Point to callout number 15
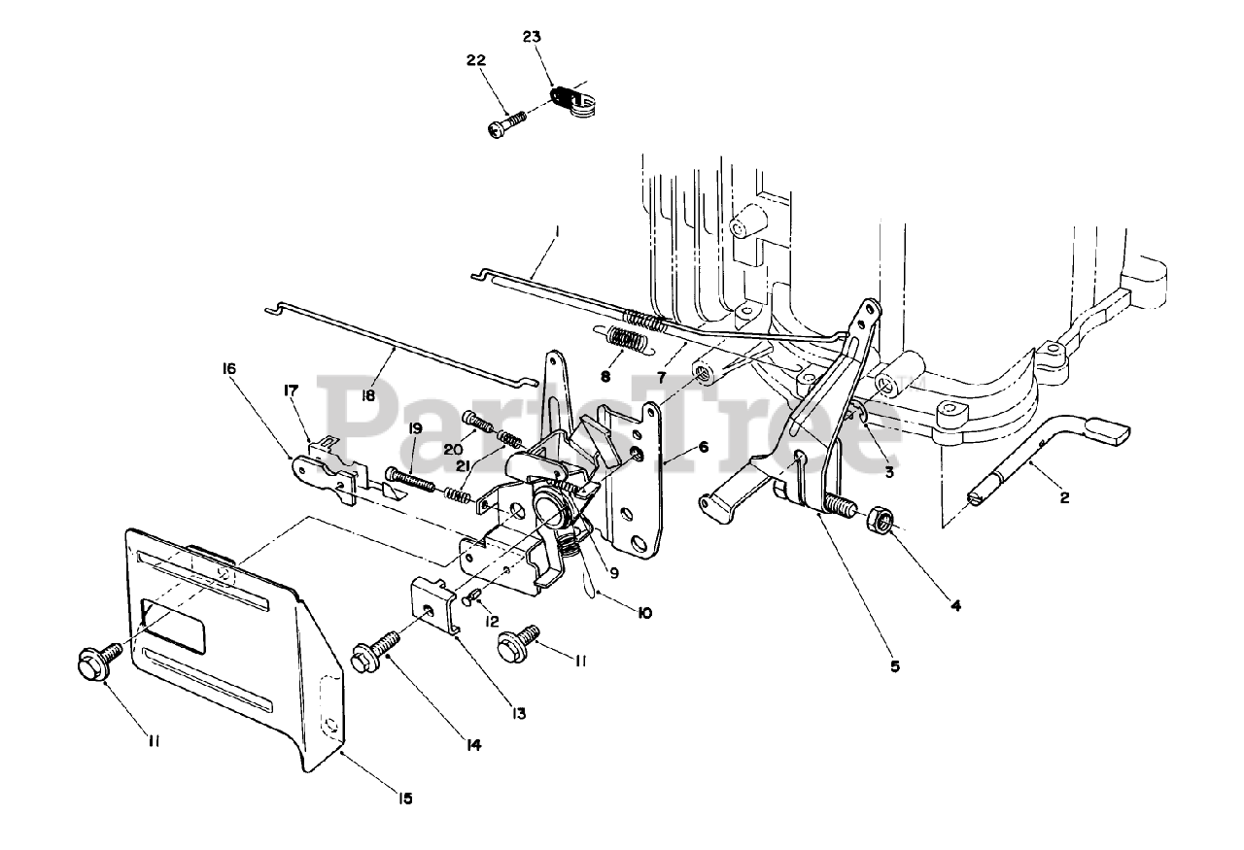(x=404, y=799)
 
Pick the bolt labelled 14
(x=383, y=652)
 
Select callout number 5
(x=895, y=666)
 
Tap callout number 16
(x=229, y=370)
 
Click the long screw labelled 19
(x=413, y=479)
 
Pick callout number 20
(x=450, y=449)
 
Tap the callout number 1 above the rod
(x=557, y=232)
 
